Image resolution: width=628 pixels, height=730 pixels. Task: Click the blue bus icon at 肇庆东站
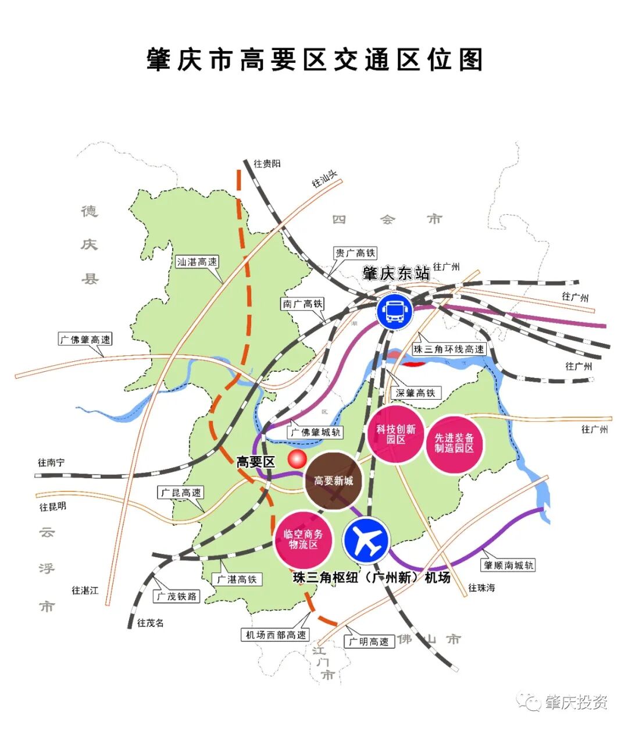pyautogui.click(x=394, y=311)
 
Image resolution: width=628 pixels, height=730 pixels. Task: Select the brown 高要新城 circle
pyautogui.click(x=333, y=481)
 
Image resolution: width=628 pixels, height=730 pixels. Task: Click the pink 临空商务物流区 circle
pyautogui.click(x=302, y=539)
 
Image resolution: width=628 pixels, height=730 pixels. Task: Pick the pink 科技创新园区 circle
pyautogui.click(x=395, y=434)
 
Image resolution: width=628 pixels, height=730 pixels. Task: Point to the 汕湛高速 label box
pyautogui.click(x=197, y=262)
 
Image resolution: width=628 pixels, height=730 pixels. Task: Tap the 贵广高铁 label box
pyautogui.click(x=355, y=253)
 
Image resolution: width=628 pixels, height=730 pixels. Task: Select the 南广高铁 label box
pyautogui.click(x=303, y=304)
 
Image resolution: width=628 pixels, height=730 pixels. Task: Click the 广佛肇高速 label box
pyautogui.click(x=85, y=339)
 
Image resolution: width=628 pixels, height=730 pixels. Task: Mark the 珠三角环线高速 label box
pyautogui.click(x=448, y=349)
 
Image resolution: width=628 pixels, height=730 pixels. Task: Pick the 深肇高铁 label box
pyautogui.click(x=415, y=393)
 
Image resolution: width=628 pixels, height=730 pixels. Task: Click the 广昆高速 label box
pyautogui.click(x=181, y=493)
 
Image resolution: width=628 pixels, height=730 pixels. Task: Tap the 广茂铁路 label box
pyautogui.click(x=177, y=596)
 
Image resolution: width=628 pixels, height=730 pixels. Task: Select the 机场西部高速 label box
pyautogui.click(x=276, y=635)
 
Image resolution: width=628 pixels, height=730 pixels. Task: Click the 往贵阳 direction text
pyautogui.click(x=267, y=164)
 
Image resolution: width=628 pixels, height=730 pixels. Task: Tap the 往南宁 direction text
pyautogui.click(x=52, y=462)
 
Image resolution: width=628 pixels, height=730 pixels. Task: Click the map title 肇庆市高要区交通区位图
pyautogui.click(x=315, y=60)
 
